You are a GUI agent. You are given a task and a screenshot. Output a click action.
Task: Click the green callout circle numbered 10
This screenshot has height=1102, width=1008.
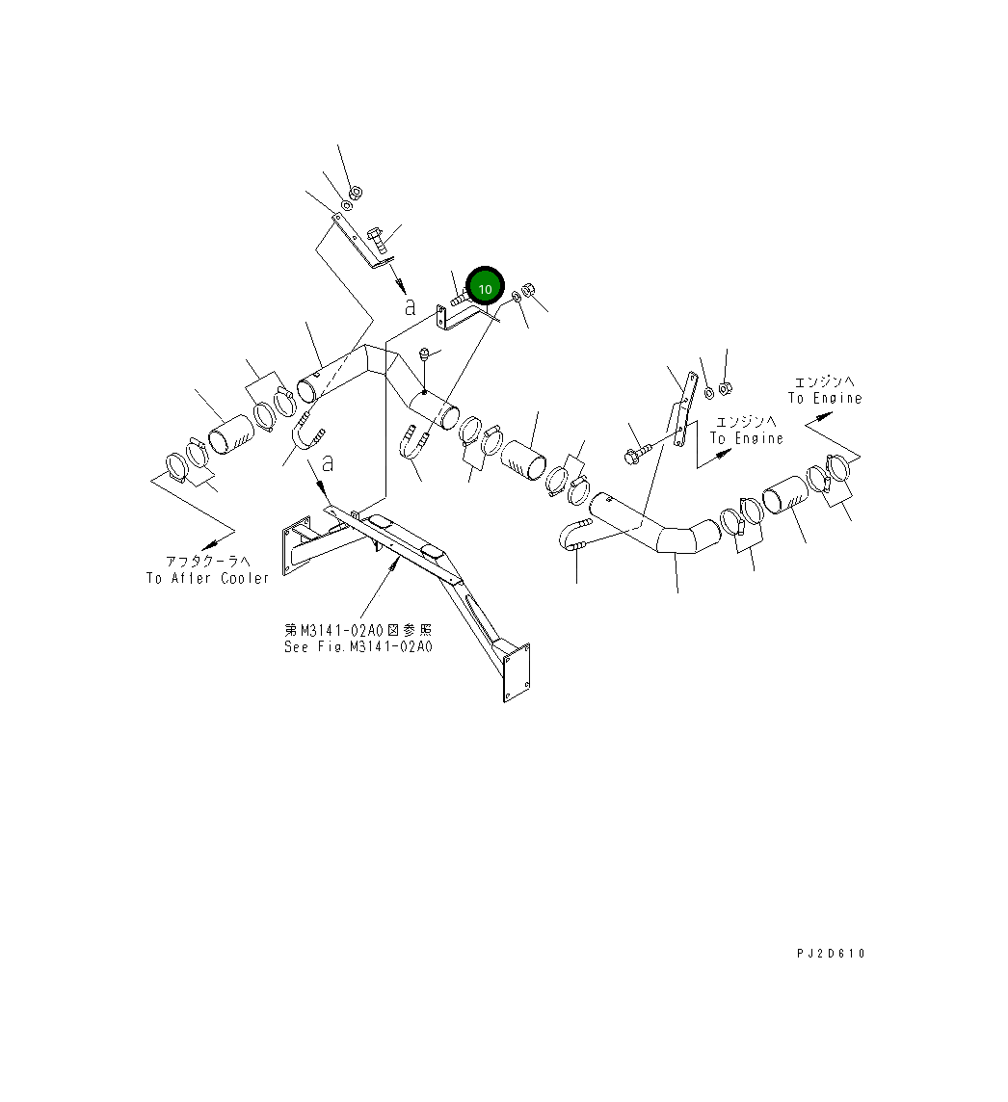pos(485,288)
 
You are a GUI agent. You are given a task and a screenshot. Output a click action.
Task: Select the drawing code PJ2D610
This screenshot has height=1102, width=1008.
pos(831,954)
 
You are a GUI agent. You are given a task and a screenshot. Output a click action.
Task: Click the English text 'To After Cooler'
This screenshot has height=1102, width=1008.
pos(207,578)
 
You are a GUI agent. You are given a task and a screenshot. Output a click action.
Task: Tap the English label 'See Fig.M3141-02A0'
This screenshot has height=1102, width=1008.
pos(358,646)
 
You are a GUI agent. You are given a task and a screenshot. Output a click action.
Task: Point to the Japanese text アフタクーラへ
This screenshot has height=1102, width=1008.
pos(207,562)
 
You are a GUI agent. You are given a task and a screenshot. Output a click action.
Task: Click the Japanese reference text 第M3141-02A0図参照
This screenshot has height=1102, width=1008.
pos(358,630)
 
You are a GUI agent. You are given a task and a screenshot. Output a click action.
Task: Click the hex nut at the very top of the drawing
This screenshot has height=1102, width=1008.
pos(354,193)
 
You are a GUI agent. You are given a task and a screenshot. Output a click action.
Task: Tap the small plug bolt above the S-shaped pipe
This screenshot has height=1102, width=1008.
pos(424,357)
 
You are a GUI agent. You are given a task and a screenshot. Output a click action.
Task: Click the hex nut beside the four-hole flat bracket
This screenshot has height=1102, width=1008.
pos(727,388)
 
